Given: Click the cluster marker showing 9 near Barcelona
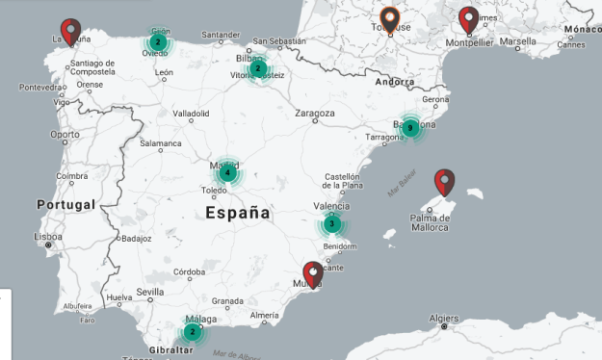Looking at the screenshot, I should tap(410, 128).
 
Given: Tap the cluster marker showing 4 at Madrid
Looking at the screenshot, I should tap(227, 173).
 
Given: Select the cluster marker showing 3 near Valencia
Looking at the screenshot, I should tap(331, 224).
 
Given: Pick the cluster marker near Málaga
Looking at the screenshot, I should tap(193, 332).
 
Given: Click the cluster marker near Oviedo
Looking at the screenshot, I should tap(157, 42).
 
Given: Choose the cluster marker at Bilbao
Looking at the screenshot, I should tap(258, 69).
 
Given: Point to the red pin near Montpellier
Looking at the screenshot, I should tap(469, 19).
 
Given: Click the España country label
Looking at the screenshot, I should tap(238, 214).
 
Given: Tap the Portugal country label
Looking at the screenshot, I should tap(66, 205).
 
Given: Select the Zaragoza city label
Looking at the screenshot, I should tap(314, 113).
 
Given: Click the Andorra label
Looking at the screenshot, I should tap(396, 83).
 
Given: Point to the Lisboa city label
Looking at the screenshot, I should tap(48, 236).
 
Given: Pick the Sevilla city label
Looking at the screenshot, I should tap(150, 292).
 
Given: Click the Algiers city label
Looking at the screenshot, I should tap(444, 317).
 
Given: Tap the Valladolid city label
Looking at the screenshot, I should tap(191, 113).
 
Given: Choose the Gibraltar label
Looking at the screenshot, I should tap(170, 349).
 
